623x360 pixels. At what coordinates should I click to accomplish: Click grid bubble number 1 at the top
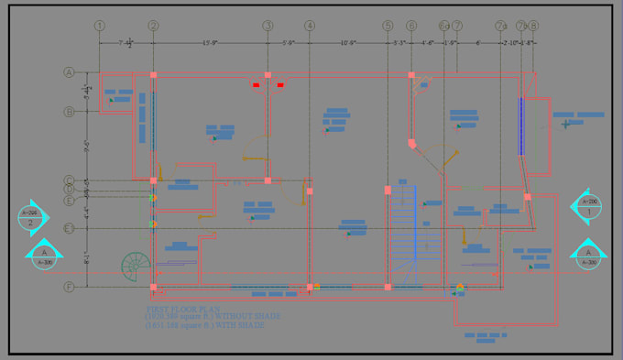[99, 25]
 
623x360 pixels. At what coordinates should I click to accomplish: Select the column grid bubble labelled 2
[153, 25]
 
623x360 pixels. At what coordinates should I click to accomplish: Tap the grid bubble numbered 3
[268, 25]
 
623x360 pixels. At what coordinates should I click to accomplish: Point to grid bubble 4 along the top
[310, 25]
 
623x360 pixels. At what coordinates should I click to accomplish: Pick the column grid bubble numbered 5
[388, 25]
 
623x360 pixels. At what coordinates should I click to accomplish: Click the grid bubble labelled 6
[410, 25]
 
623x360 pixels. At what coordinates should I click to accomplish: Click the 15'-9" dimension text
[210, 42]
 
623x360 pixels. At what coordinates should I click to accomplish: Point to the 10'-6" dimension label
[348, 42]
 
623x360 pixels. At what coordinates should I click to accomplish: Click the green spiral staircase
[136, 266]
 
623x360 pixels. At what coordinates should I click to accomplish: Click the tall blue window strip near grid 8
[519, 126]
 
